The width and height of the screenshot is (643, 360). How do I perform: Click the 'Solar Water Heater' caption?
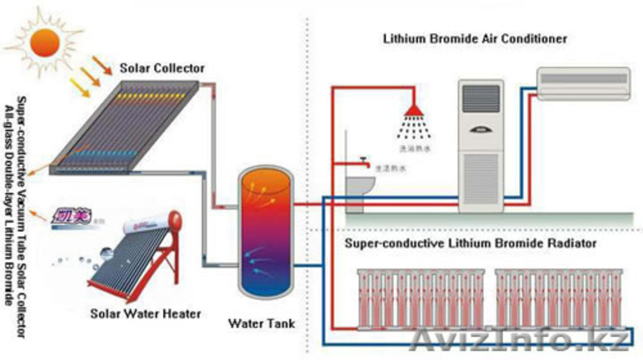[x=145, y=313]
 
